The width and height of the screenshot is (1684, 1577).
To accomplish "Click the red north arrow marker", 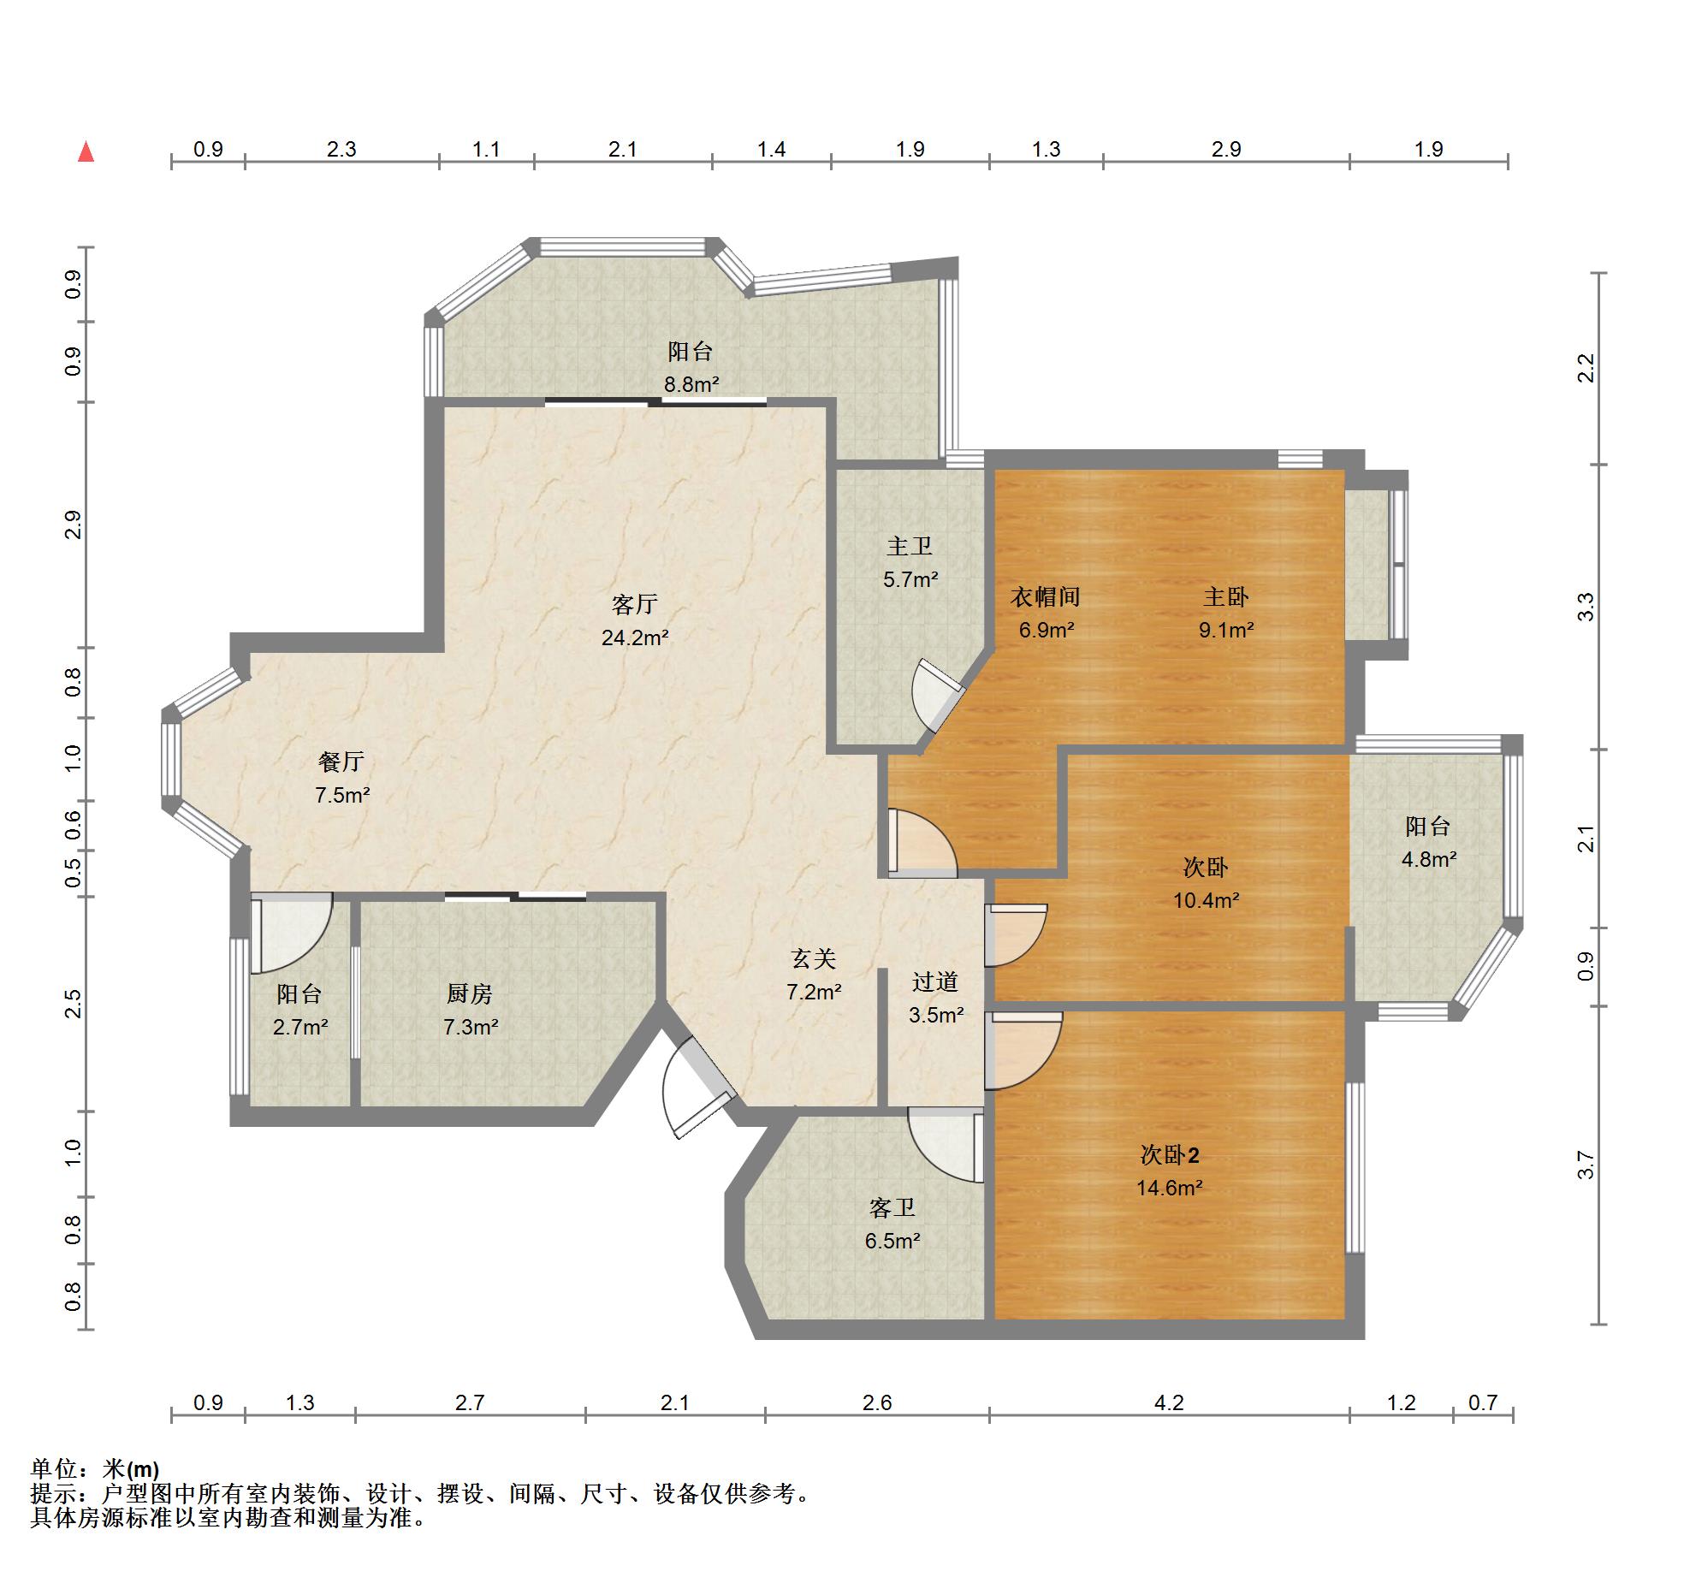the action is click(x=86, y=151).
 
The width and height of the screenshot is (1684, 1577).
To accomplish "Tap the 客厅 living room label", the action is click(x=634, y=604).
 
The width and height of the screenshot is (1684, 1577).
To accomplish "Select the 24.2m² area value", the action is click(x=635, y=637).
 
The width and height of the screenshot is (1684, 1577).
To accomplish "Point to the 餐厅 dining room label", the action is click(x=341, y=761).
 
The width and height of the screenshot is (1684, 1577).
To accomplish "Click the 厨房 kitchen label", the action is click(x=470, y=993).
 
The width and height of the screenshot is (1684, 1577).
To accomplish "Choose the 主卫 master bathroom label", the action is click(x=910, y=546).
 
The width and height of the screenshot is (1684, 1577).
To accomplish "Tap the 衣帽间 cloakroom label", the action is click(x=1046, y=596).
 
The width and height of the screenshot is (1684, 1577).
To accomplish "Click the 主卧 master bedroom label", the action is click(x=1226, y=596).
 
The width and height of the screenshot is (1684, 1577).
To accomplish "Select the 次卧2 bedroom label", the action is click(x=1170, y=1154).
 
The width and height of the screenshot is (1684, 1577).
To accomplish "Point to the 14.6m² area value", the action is click(x=1170, y=1188).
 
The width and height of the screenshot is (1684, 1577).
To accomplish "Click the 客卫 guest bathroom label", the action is click(x=892, y=1207).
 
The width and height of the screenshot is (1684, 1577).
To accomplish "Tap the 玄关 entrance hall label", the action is click(x=814, y=958).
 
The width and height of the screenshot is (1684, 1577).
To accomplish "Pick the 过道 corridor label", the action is click(x=935, y=981).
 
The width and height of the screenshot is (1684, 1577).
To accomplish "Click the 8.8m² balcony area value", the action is click(x=691, y=384).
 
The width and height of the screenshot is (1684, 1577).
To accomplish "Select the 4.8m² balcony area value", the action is click(x=1429, y=859).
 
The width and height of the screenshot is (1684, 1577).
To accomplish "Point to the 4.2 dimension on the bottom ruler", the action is click(x=1169, y=1402).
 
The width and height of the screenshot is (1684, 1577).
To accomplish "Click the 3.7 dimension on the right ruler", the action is click(x=1586, y=1165).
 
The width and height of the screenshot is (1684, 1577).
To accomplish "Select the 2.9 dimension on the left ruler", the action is click(x=74, y=525).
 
